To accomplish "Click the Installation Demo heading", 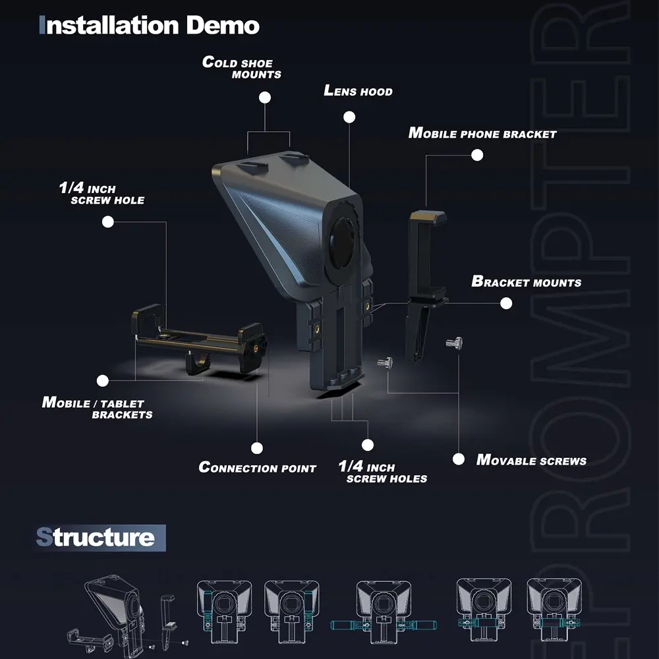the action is click(149, 25).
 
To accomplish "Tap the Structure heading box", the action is click(101, 538).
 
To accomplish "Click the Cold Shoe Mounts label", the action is click(242, 68).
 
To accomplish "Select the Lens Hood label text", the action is click(358, 91).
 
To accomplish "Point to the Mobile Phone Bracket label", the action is click(482, 133).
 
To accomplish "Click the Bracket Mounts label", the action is click(527, 281).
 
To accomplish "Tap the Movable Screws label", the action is click(531, 460).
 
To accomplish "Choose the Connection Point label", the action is click(257, 467).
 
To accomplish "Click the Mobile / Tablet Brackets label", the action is click(97, 408).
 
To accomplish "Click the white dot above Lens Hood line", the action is click(349, 117).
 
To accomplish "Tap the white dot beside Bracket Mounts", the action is click(506, 303).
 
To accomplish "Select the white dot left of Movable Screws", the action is click(459, 459).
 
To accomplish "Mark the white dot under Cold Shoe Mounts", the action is click(265, 98).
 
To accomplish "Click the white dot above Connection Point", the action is click(257, 448).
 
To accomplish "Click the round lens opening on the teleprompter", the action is click(343, 243).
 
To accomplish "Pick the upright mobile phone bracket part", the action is click(425, 286).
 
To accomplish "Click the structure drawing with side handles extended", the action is click(384, 612).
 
